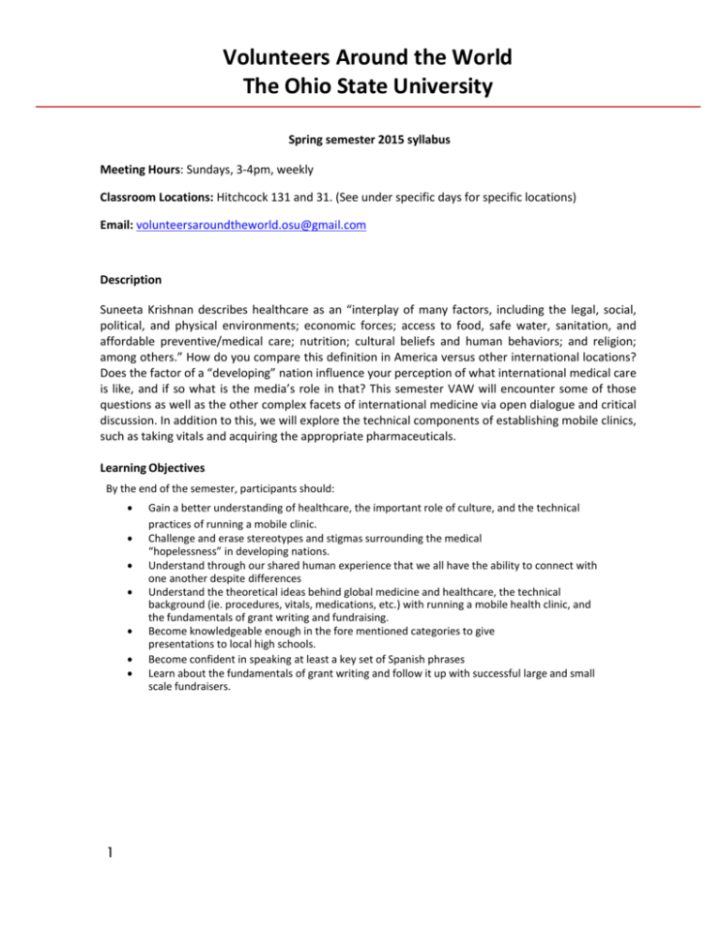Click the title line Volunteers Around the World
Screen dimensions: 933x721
click(360, 58)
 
